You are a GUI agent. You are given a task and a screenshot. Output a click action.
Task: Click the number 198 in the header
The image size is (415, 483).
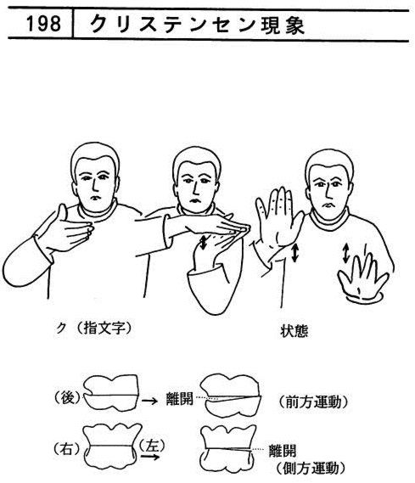pos(43,24)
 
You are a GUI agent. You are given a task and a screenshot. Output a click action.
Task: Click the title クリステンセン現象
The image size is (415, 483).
pos(198,25)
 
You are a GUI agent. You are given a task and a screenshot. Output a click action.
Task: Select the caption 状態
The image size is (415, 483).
pos(294,331)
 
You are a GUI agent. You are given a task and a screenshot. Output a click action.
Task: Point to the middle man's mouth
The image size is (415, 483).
pos(195,201)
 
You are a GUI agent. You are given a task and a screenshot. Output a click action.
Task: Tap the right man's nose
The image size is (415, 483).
pos(329,192)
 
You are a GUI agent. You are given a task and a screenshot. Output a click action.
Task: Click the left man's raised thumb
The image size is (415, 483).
pos(63,212)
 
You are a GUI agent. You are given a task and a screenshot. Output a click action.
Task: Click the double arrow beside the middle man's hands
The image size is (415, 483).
pos(203,242)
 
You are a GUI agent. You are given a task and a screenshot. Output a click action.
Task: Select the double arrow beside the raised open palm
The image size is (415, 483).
pos(294,253)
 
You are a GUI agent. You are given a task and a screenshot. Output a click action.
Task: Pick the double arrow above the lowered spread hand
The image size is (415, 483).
pos(346,253)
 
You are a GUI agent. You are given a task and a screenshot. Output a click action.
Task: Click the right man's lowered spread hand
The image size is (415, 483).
pos(363,278)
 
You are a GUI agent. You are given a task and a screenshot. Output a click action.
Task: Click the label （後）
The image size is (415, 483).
pos(67,398)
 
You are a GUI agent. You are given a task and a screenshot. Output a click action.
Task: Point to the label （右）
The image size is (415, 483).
pos(67,449)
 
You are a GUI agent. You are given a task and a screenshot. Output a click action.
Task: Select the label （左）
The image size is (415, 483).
pos(151,446)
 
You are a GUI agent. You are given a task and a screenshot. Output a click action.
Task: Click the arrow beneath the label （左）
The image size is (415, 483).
pos(150,457)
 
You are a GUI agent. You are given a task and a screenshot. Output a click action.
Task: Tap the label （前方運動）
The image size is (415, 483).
pos(314,402)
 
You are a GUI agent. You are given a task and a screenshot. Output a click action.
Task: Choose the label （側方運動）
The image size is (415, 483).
pos(311,469)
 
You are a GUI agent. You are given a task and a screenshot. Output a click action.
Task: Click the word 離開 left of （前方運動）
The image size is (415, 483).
pos(179,399)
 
